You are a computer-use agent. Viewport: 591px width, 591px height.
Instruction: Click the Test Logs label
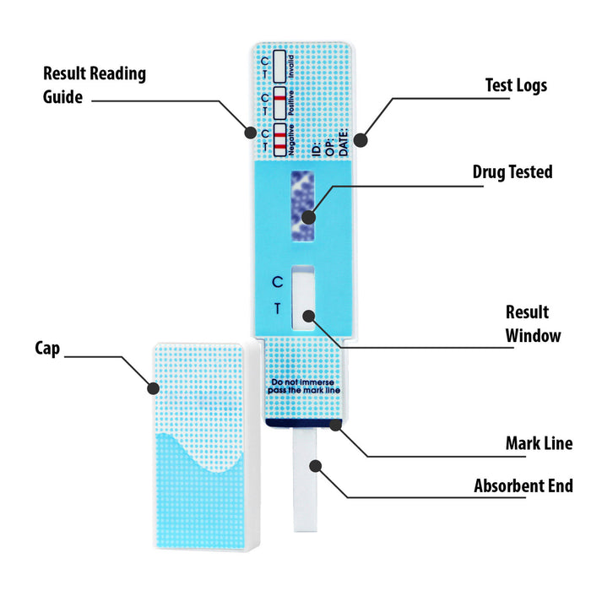pyautogui.click(x=516, y=85)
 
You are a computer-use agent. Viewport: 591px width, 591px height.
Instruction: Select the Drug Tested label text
pyautogui.click(x=512, y=172)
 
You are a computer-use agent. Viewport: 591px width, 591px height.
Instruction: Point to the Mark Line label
pyautogui.click(x=539, y=443)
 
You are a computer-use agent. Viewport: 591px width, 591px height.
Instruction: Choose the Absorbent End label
pyautogui.click(x=523, y=485)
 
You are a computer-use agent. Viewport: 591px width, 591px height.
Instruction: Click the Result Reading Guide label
pyautogui.click(x=94, y=84)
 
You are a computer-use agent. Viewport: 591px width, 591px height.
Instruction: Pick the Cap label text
pyautogui.click(x=47, y=348)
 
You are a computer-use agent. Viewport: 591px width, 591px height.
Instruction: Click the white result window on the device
pyautogui.click(x=302, y=297)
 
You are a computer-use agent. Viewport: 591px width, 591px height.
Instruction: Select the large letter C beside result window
pyautogui.click(x=277, y=282)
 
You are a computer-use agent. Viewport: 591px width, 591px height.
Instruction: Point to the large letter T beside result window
pyautogui.click(x=277, y=309)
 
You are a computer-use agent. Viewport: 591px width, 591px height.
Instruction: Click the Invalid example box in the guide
pyautogui.click(x=279, y=63)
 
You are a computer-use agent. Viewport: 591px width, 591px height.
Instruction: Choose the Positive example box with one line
pyautogui.click(x=279, y=103)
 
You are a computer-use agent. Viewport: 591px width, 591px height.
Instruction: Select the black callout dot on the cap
pyautogui.click(x=154, y=388)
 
